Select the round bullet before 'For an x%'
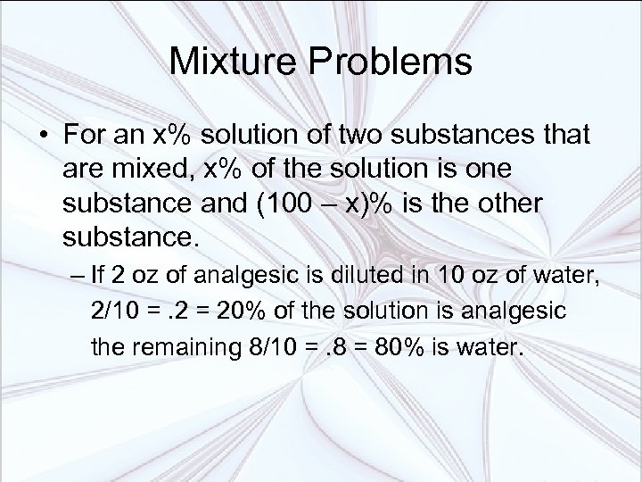coord(44,137)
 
